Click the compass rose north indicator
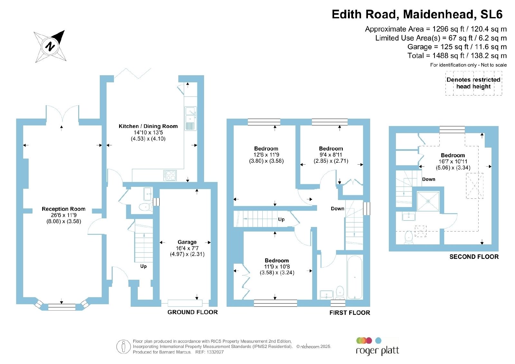click(50, 46)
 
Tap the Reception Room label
click(63, 209)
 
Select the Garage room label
click(187, 242)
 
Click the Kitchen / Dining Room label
click(148, 126)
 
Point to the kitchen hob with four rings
click(170, 176)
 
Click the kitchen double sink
click(191, 119)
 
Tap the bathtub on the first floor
click(355, 277)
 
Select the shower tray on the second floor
click(428, 201)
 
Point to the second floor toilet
click(408, 237)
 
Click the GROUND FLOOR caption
click(192, 312)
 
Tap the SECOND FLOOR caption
click(474, 257)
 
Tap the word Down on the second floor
click(428, 179)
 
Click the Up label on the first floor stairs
click(281, 219)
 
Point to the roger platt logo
click(377, 346)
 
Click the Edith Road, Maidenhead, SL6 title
click(417, 14)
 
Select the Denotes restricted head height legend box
click(473, 83)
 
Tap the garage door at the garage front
click(185, 303)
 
